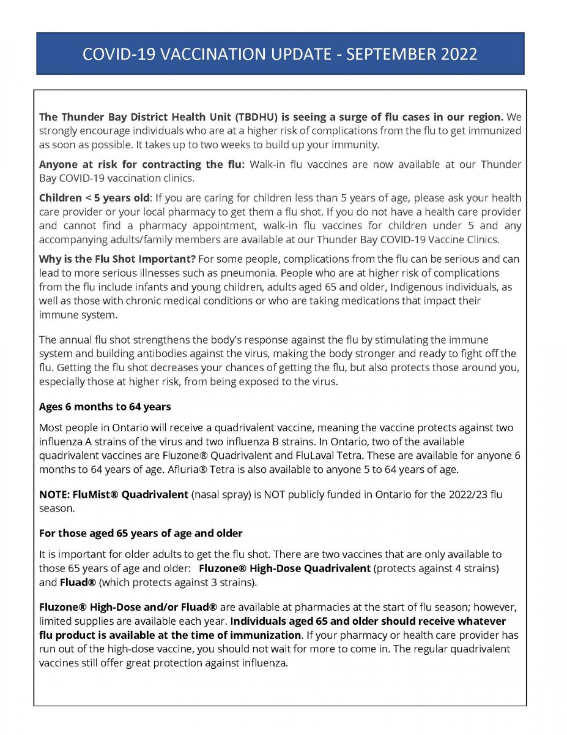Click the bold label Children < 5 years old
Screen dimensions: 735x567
click(x=94, y=198)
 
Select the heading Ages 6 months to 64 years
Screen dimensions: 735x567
click(x=105, y=406)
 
